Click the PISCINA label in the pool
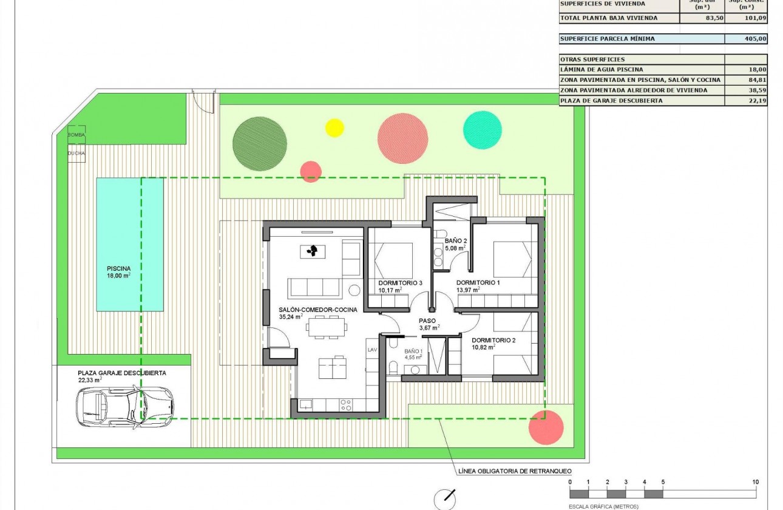point(119,268)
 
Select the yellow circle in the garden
point(334,127)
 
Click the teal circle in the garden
point(483,130)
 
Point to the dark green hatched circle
point(260,143)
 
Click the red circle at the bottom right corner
point(546,428)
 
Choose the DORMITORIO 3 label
point(399,283)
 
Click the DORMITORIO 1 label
point(478,283)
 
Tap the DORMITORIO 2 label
point(493,340)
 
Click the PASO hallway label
point(427,321)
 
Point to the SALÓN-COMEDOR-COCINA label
point(313,310)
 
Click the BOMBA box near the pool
point(76,134)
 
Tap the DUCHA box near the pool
point(76,153)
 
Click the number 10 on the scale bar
point(755,482)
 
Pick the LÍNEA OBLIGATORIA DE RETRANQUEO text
point(513,471)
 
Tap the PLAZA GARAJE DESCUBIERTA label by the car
point(121,373)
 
